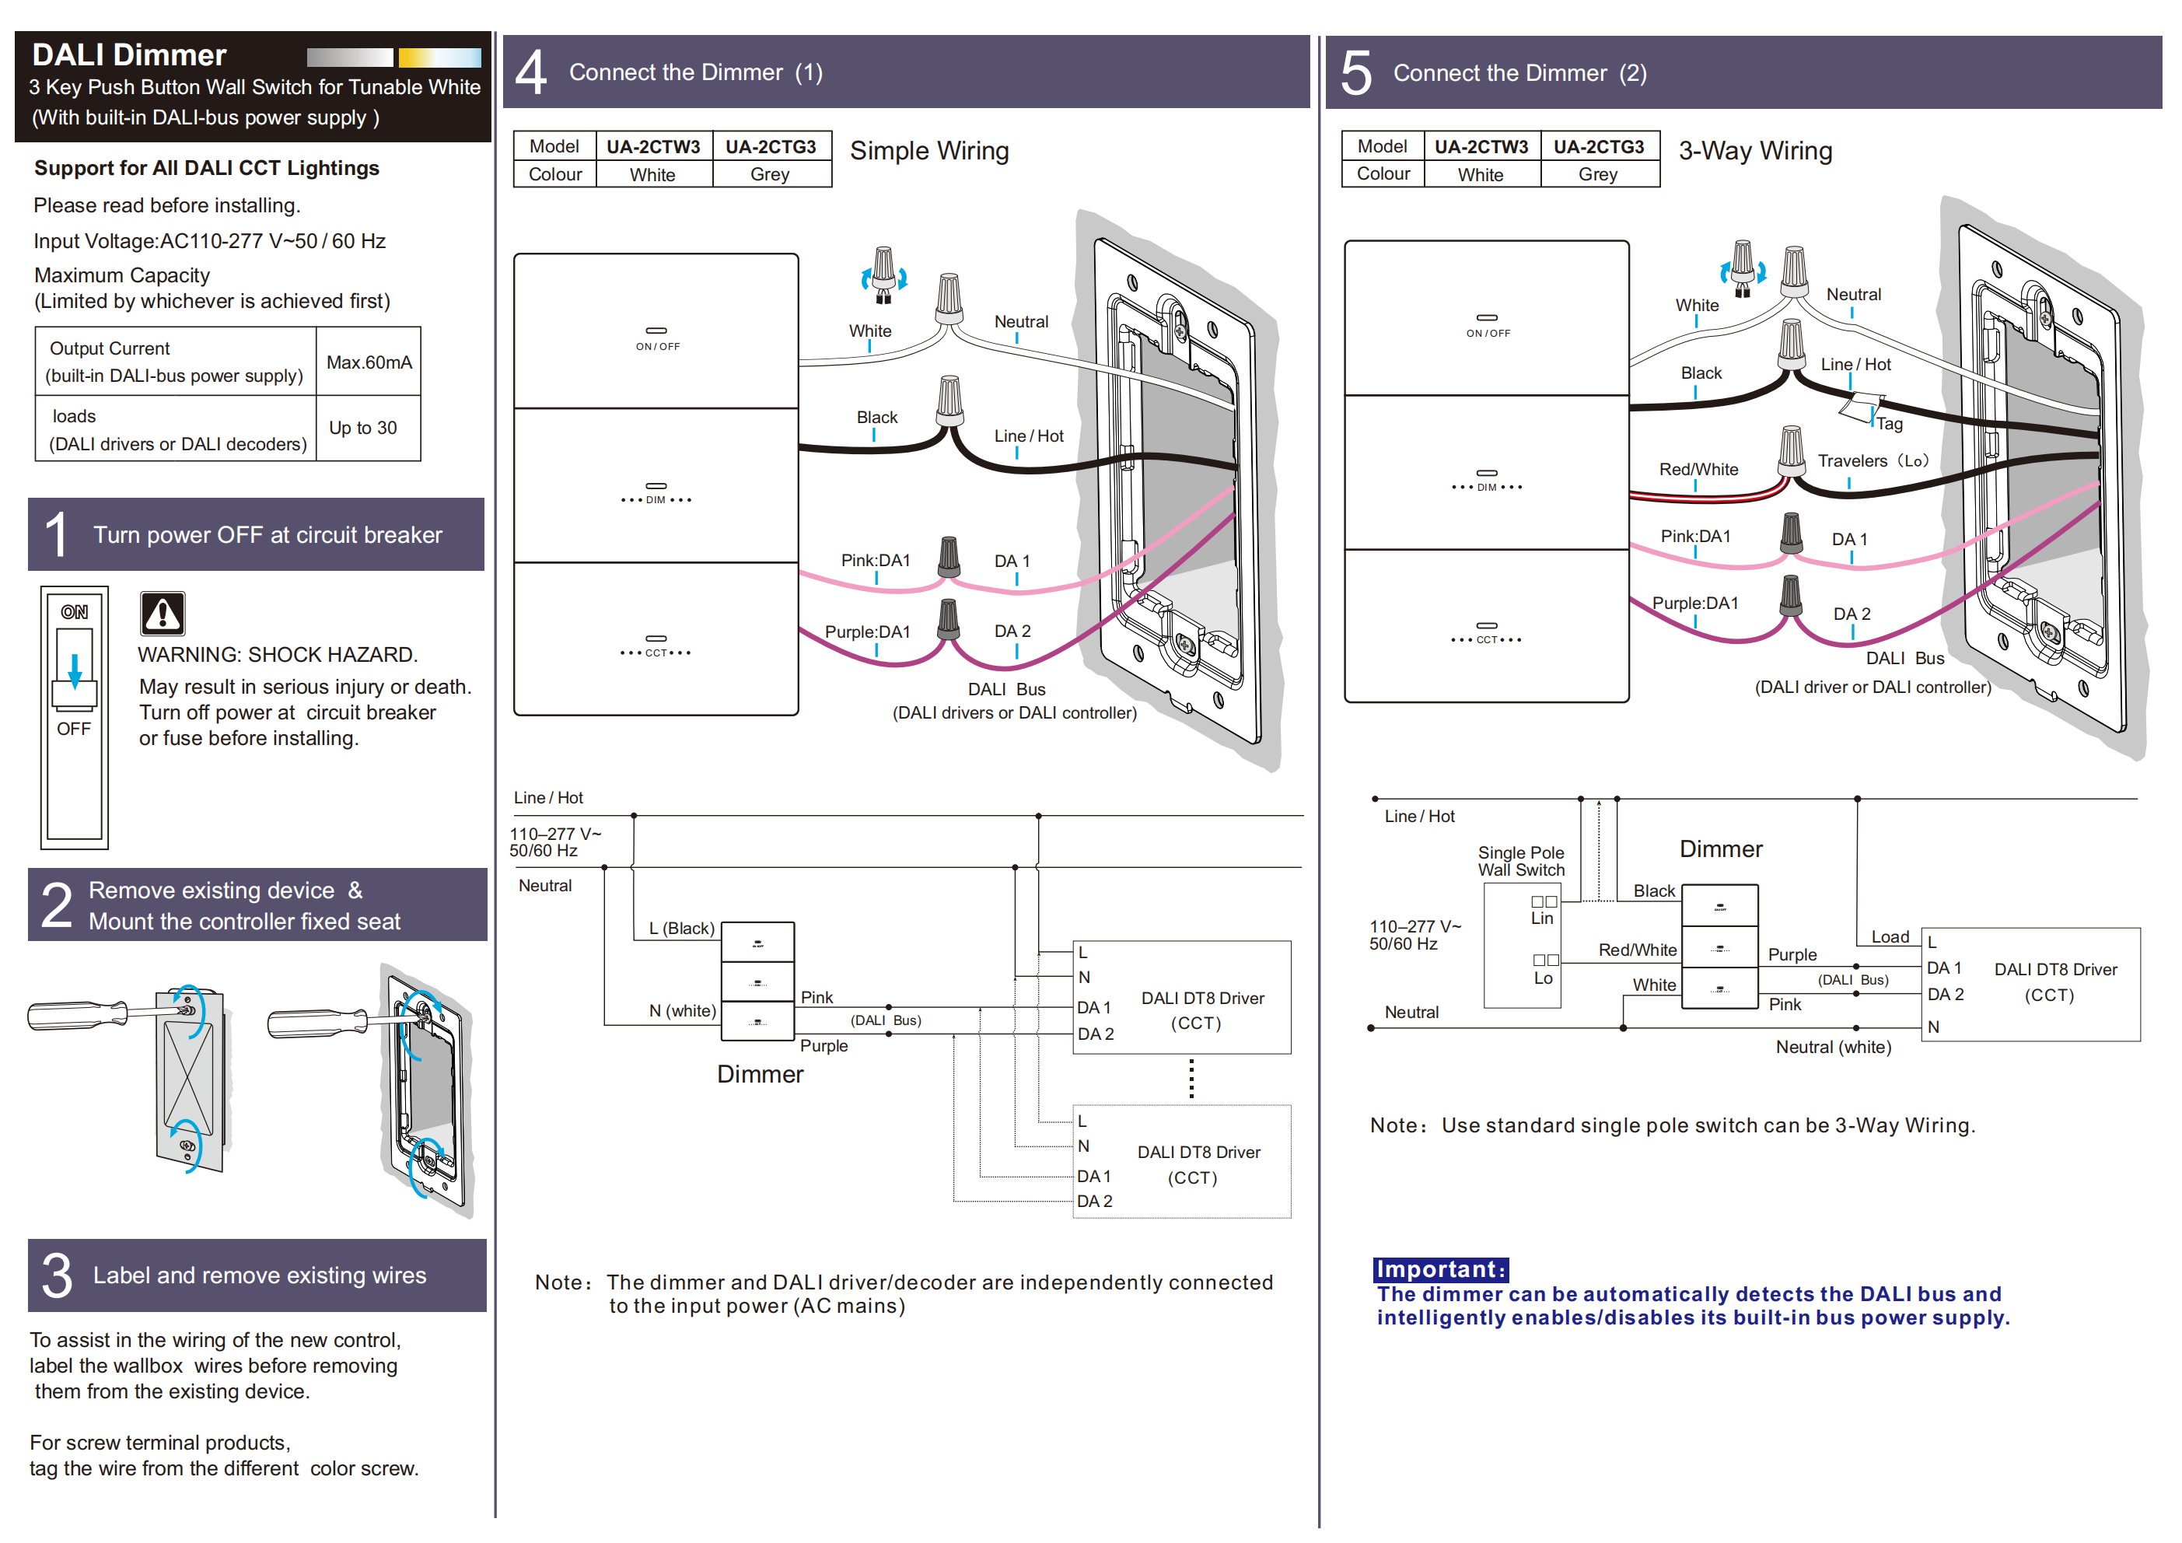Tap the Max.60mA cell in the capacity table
369,362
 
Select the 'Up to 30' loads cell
363,428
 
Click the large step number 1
56,534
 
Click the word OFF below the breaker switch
74,730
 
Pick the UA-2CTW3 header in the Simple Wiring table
653,146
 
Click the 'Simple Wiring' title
928,150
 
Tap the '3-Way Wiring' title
1754,150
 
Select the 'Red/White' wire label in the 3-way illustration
1698,469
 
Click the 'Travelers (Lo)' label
1873,460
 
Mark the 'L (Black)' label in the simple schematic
681,928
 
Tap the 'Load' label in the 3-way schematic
1890,936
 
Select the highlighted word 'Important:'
1440,1269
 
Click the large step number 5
1356,73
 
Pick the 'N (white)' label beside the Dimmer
682,1010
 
